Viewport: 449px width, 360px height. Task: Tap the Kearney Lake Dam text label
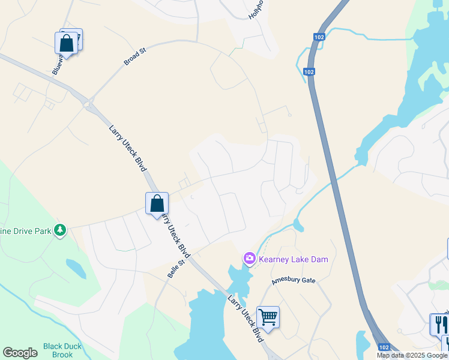[294, 259]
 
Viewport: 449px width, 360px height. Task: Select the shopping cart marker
[268, 317]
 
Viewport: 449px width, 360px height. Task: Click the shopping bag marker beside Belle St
[157, 203]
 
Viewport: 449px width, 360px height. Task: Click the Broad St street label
[134, 58]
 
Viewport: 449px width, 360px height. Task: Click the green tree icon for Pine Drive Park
[59, 230]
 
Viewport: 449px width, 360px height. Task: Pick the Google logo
[20, 353]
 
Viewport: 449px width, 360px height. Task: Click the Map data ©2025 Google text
[412, 355]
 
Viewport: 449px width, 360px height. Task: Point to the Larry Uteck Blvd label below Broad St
[128, 147]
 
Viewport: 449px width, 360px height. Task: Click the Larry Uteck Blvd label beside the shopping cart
[246, 318]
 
